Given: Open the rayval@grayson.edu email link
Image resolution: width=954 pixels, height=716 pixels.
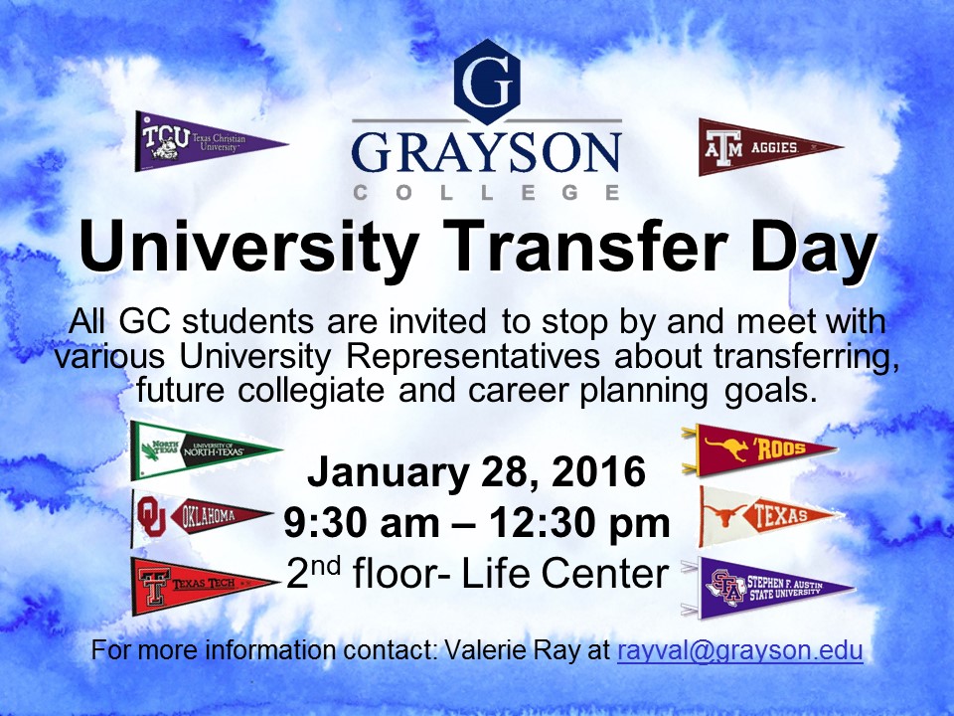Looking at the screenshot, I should click(x=739, y=651).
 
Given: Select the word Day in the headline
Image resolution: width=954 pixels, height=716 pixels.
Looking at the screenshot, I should click(x=814, y=250).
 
